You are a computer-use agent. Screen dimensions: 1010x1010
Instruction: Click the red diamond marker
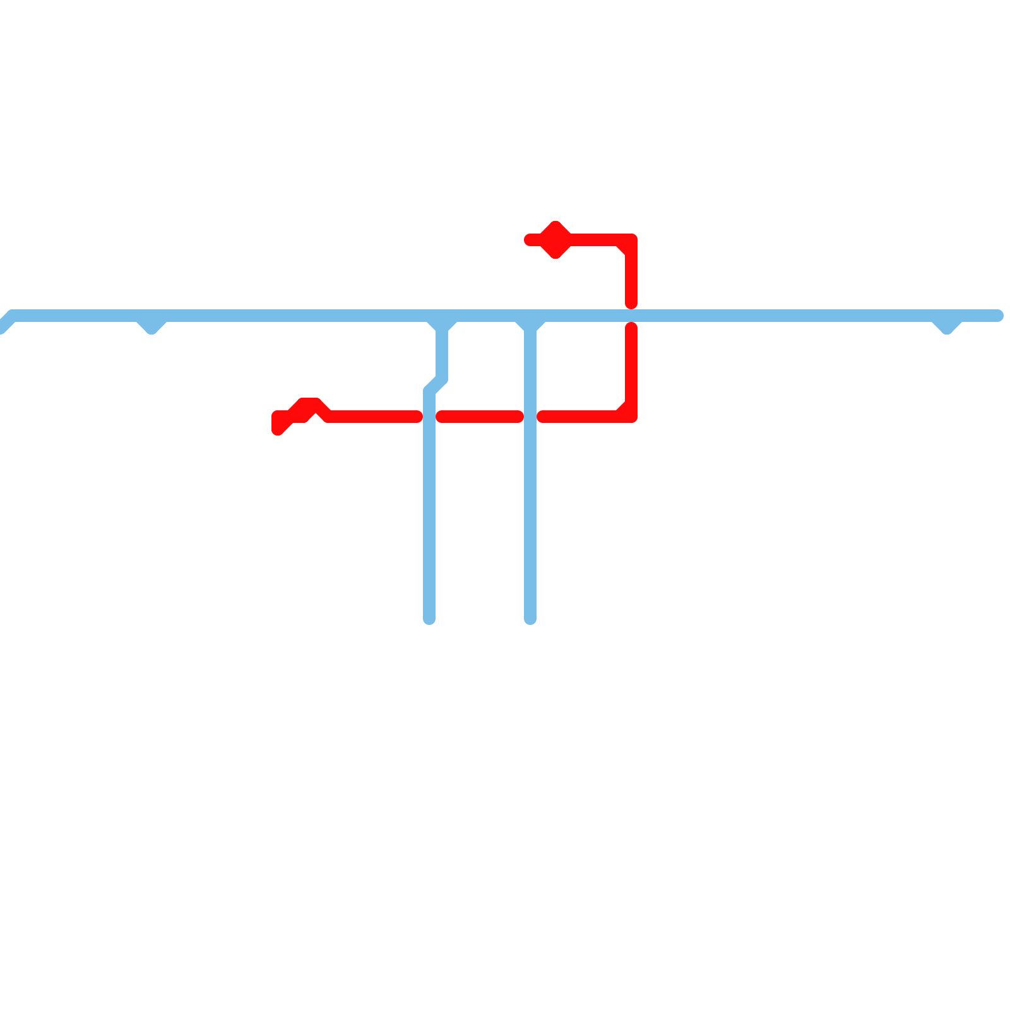pyautogui.click(x=555, y=240)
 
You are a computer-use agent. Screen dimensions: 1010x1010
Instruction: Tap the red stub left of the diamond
pyautogui.click(x=532, y=240)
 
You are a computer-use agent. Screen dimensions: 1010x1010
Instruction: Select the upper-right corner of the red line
pyautogui.click(x=631, y=241)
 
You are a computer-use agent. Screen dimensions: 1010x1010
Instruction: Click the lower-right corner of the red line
pyautogui.click(x=631, y=416)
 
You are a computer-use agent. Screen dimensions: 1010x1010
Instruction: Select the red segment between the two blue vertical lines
pyautogui.click(x=480, y=417)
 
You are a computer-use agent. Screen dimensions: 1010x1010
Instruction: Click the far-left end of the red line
pyautogui.click(x=278, y=427)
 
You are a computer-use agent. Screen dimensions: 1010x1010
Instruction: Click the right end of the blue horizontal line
pyautogui.click(x=998, y=316)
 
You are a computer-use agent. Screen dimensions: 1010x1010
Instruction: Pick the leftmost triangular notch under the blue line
pyautogui.click(x=151, y=326)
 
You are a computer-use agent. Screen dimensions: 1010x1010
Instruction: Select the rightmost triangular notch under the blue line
pyautogui.click(x=947, y=326)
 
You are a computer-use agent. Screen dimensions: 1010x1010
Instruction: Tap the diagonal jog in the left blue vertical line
pyautogui.click(x=436, y=384)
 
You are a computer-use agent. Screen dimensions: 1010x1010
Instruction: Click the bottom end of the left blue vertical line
pyautogui.click(x=429, y=619)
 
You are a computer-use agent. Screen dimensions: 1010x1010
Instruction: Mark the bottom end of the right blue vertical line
pyautogui.click(x=530, y=619)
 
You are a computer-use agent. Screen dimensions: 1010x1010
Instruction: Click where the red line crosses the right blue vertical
pyautogui.click(x=530, y=417)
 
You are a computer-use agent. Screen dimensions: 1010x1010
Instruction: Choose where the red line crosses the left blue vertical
pyautogui.click(x=429, y=417)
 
